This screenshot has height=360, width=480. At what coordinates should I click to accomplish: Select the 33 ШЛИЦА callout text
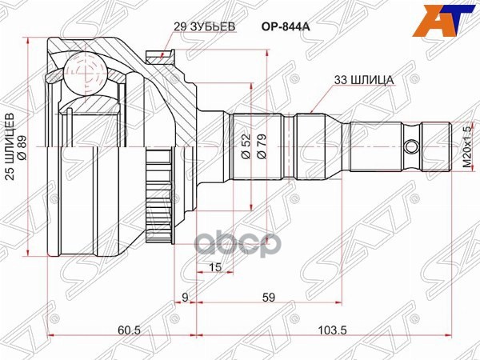[x=358, y=80]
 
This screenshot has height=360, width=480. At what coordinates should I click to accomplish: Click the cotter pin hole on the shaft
[x=411, y=147]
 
